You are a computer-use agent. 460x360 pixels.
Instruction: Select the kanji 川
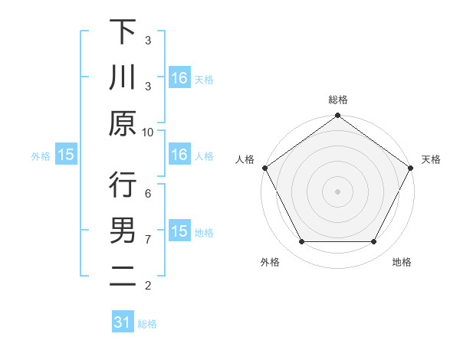pos(123,78)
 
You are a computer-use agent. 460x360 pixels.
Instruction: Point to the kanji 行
pos(123,185)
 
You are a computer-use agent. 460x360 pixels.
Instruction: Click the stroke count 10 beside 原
pos(148,132)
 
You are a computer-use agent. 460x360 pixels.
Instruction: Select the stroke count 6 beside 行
pos(148,194)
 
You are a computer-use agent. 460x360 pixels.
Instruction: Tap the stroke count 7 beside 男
pos(148,240)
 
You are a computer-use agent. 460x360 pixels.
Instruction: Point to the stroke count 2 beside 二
pos(148,286)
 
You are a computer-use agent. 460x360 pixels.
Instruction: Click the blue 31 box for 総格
pos(123,322)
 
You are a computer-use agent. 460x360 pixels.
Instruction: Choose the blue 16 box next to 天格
pos(179,77)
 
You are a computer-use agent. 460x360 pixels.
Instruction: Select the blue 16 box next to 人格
pos(179,155)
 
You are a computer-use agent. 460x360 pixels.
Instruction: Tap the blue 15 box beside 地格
pos(179,231)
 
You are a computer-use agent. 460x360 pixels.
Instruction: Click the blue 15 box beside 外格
pos(66,155)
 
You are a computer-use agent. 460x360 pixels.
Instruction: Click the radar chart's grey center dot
pos(337,191)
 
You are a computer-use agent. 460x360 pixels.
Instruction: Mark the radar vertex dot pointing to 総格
pos(337,116)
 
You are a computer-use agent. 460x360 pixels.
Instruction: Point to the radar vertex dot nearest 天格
pos(410,168)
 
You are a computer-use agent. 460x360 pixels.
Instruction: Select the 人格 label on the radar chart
pos(245,159)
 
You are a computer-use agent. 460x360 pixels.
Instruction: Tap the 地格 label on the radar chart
pos(402,263)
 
